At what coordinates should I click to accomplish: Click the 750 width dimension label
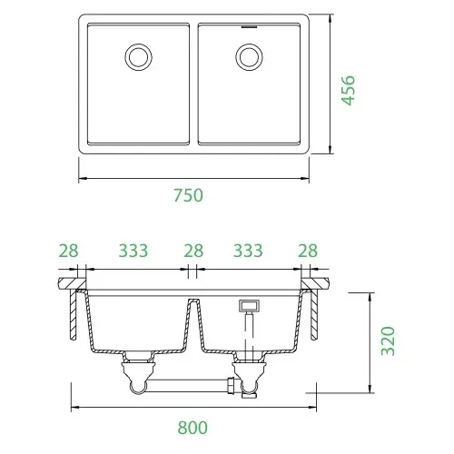(188, 195)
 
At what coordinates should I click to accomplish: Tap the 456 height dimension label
(348, 90)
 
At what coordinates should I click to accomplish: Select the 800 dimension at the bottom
(192, 428)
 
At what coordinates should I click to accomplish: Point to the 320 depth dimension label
(388, 340)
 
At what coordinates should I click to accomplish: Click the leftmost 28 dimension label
(68, 251)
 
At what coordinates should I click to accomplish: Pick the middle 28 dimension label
(193, 251)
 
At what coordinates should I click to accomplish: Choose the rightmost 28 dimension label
(308, 251)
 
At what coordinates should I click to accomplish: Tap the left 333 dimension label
(133, 251)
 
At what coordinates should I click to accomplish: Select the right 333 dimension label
(248, 251)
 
